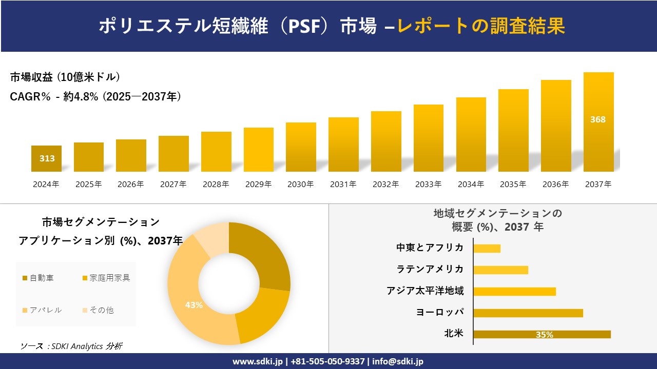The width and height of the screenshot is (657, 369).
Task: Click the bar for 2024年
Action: pos(47,159)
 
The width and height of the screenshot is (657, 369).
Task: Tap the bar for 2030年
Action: pos(301,147)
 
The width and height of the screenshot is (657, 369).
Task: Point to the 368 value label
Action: pos(598,119)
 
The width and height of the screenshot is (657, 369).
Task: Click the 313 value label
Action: pos(47,158)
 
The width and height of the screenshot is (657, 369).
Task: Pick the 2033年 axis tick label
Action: pos(428,184)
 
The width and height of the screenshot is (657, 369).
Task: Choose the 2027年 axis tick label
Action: pos(173,184)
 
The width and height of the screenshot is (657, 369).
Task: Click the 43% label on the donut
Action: pos(194,305)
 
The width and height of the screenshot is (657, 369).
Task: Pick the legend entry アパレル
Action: pos(46,310)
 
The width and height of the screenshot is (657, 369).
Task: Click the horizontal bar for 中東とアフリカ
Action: pos(487,248)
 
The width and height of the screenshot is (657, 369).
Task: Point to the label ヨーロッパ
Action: pos(440,312)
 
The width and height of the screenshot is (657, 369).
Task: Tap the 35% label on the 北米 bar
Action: pos(544,335)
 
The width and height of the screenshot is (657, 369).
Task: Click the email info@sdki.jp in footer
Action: pos(397,361)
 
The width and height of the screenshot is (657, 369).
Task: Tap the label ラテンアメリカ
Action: pos(430,269)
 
